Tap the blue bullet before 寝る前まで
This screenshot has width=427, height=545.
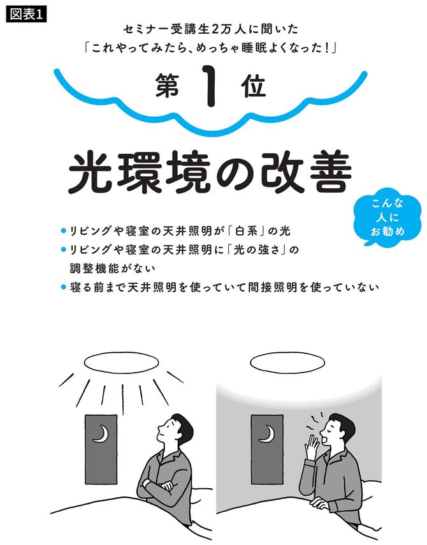click(63, 287)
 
